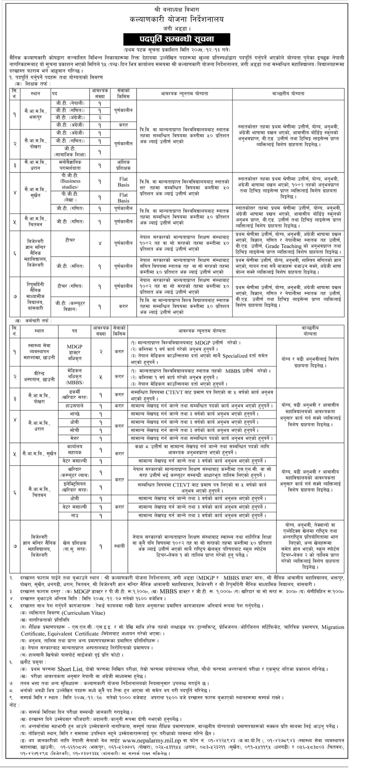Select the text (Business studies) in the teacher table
pos(70,184)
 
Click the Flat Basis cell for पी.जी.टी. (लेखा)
pos(123,198)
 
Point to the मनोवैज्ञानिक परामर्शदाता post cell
pos(70,164)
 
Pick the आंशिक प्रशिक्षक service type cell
pos(123,164)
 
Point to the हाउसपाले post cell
pos(74,406)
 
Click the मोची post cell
pos(74,430)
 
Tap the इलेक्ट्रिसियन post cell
pos(74,488)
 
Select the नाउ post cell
pos(74,515)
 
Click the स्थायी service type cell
pos(119,546)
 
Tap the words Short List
pos(70,669)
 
